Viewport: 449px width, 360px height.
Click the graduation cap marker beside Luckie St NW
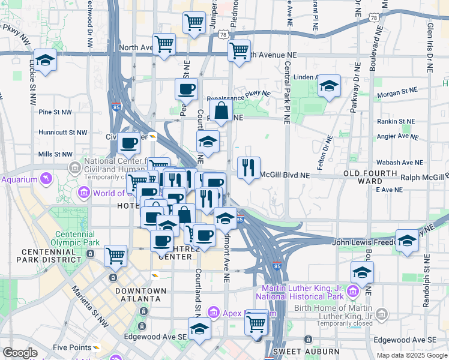pyautogui.click(x=45, y=60)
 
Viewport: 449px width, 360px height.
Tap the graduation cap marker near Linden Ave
pyautogui.click(x=329, y=86)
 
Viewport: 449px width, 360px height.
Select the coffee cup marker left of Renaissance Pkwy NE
pyautogui.click(x=186, y=89)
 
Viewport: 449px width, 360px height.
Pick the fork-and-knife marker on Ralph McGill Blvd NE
pyautogui.click(x=249, y=167)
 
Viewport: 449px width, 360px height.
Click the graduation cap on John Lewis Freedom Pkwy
pyautogui.click(x=407, y=241)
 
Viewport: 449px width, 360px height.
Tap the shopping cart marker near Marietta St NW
pyautogui.click(x=115, y=256)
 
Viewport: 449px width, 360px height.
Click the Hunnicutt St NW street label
pyautogui.click(x=63, y=132)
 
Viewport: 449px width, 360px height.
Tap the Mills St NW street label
pyautogui.click(x=55, y=154)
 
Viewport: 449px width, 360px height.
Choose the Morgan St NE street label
pyautogui.click(x=396, y=91)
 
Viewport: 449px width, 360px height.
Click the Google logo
pyautogui.click(x=20, y=353)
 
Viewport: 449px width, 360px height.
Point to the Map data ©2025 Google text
pyautogui.click(x=411, y=355)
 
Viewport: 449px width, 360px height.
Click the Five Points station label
pyautogui.click(x=72, y=347)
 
